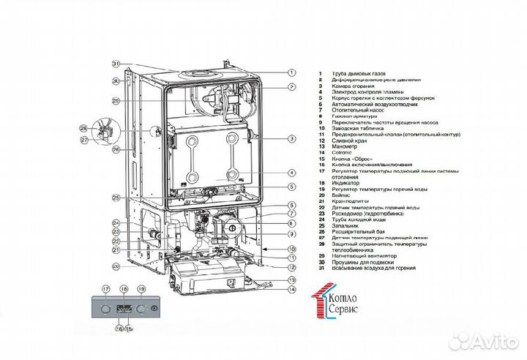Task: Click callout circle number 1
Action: click(x=291, y=72)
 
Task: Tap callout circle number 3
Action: click(x=291, y=138)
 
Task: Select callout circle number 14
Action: click(x=291, y=290)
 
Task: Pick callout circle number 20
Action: click(x=116, y=266)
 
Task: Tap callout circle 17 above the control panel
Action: click(x=105, y=290)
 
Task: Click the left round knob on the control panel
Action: click(x=108, y=309)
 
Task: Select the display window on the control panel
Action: click(x=124, y=309)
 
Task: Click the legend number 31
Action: click(x=320, y=269)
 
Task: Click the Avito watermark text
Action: click(x=490, y=341)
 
